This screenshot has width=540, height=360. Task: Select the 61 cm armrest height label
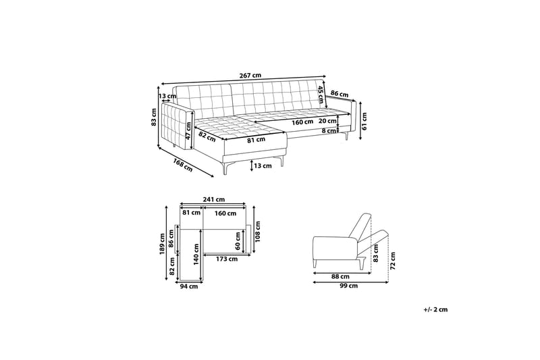(364, 120)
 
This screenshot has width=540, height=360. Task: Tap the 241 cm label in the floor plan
(215, 200)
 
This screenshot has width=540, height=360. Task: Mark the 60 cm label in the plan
(238, 238)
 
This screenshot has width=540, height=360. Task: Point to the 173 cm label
(226, 259)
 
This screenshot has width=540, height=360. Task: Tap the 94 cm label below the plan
(188, 286)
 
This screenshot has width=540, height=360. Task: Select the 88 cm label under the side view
(341, 276)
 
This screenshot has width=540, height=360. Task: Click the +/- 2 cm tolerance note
(436, 309)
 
